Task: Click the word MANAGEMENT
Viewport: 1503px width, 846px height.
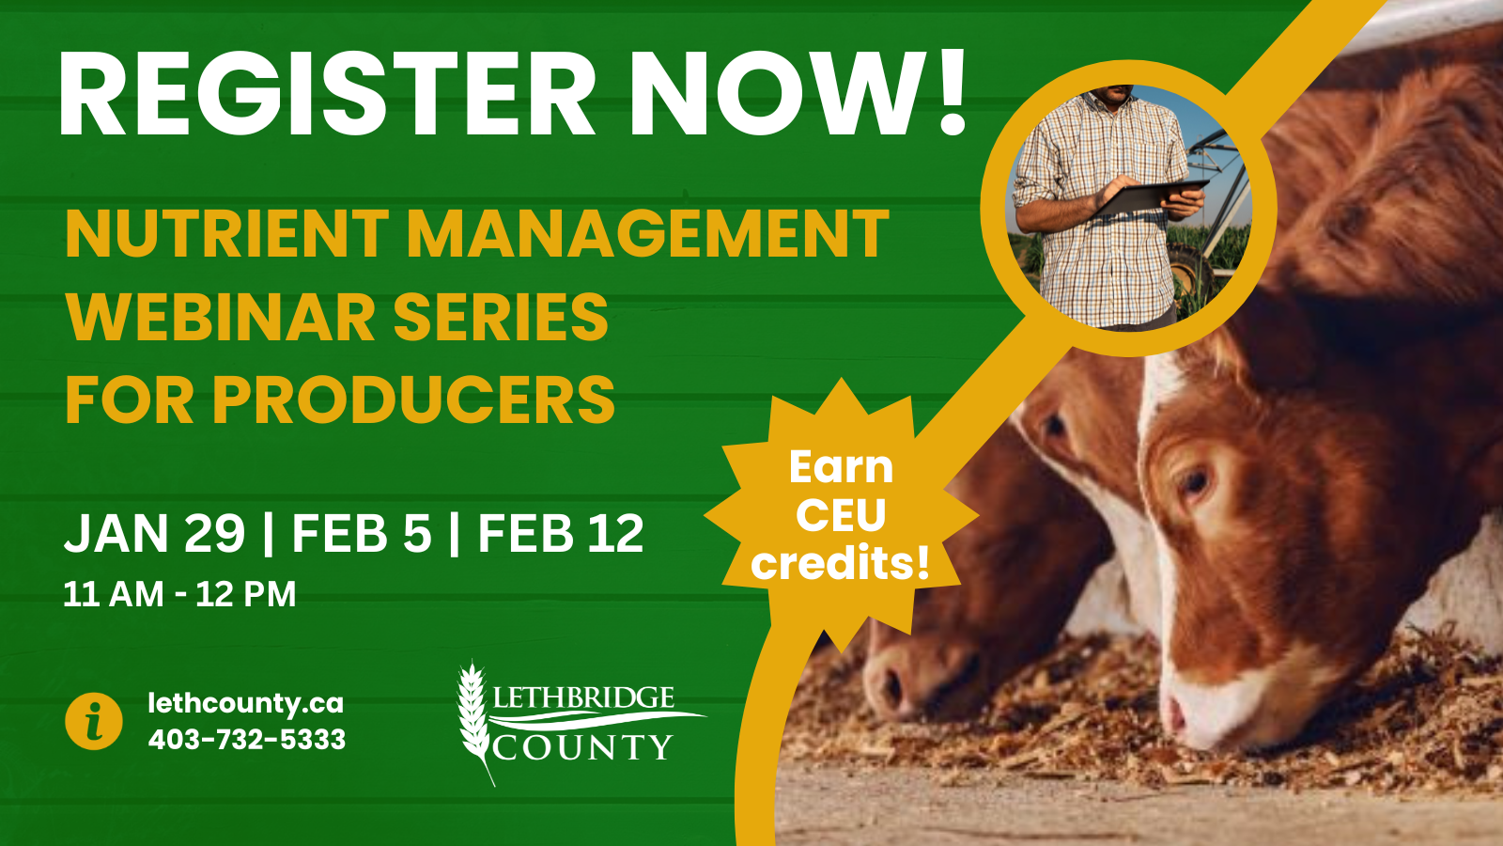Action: (647, 233)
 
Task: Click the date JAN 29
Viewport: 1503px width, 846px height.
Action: (154, 534)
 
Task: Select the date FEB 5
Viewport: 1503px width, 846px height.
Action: (362, 534)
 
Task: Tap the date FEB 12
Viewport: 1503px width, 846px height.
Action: (561, 534)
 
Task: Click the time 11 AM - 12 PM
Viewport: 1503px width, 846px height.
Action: (179, 594)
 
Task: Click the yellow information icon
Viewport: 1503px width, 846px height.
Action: (94, 721)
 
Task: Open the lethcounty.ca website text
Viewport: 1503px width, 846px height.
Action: (246, 703)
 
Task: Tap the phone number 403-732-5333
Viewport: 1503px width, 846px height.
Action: (247, 740)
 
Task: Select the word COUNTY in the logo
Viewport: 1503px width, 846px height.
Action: (583, 748)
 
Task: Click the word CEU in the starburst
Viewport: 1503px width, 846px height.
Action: (841, 515)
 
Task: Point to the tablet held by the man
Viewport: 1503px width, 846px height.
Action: (1152, 196)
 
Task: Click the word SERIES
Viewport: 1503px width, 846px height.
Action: (501, 317)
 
